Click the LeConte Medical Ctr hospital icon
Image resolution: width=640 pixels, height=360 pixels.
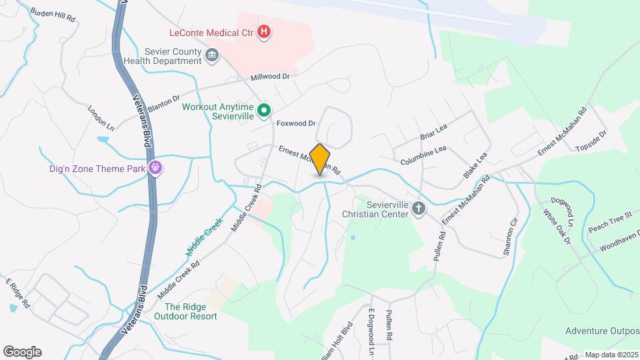265,31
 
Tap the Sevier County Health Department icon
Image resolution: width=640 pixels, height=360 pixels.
212,55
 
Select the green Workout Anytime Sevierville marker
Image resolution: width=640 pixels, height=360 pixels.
263,111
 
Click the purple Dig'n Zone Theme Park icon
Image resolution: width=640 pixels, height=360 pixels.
155,168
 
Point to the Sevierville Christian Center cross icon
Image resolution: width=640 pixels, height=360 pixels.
418,209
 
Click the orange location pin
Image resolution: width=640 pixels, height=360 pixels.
320,159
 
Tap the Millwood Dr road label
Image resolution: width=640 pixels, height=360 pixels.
270,77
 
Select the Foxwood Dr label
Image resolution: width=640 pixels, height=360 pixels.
295,123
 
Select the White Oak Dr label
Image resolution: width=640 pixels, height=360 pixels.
557,228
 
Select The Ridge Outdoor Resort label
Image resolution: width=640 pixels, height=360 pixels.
191,311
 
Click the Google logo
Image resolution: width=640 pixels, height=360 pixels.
22,352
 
